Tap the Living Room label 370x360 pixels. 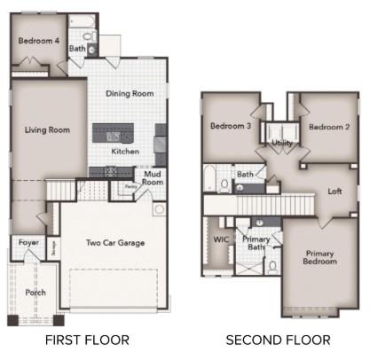47,129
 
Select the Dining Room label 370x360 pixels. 130,93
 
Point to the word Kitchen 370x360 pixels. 125,151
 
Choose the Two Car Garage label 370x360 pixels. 115,242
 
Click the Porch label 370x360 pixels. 35,293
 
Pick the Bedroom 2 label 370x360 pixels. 329,127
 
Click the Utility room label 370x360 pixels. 282,142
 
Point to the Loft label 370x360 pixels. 335,191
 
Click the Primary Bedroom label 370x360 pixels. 319,256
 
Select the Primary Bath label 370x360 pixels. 256,245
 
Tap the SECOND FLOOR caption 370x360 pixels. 278,340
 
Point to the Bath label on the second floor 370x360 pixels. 245,175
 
